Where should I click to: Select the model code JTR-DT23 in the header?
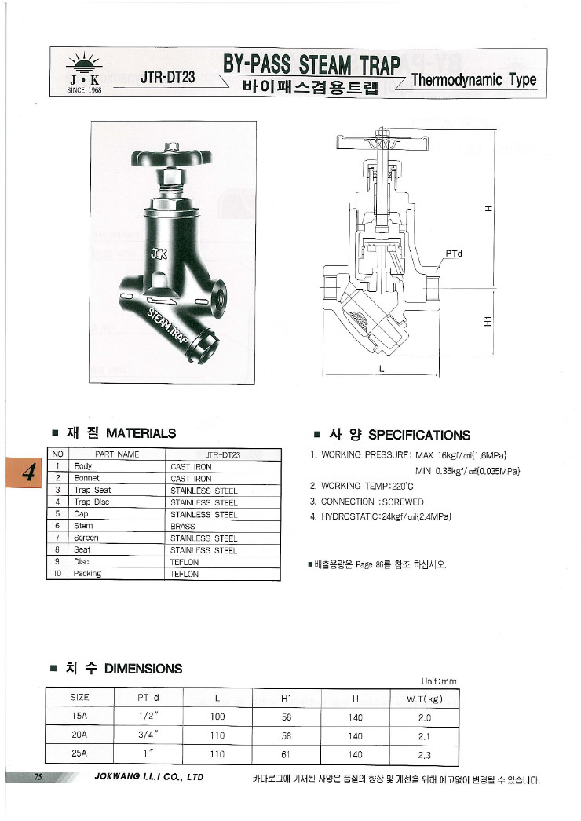point(167,78)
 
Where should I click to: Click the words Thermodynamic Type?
point(473,80)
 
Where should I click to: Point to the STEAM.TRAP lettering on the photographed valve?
point(170,323)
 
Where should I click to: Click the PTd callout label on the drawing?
point(454,254)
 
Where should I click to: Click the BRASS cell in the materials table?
point(183,527)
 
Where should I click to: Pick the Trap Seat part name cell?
point(92,491)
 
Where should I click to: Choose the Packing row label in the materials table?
point(87,574)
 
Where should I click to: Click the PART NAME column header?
point(116,454)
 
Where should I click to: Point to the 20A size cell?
point(79,735)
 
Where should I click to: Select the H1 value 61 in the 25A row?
point(286,755)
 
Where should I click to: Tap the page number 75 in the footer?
point(38,777)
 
